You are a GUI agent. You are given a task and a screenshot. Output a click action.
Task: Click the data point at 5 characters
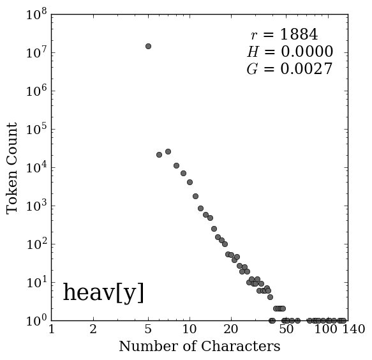point(148,46)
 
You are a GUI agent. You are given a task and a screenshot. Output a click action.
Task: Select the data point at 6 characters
point(159,154)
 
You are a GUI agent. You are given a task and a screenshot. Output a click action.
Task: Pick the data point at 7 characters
point(168,151)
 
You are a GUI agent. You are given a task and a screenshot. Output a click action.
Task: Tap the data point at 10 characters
point(190,183)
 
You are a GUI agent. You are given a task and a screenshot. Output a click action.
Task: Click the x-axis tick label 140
point(353,329)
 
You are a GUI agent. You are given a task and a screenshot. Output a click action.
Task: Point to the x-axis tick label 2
point(93,329)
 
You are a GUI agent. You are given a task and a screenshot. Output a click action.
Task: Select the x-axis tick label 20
point(231,329)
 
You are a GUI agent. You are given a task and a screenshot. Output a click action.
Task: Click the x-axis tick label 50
point(286,329)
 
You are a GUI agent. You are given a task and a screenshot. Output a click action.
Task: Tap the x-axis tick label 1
point(52,329)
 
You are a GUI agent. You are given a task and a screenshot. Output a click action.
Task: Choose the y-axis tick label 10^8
point(36,15)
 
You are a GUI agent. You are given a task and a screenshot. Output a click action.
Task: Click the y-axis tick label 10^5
point(36,130)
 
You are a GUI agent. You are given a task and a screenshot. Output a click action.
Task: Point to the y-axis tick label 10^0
point(36,321)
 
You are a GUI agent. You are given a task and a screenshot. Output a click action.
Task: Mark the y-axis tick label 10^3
point(36,206)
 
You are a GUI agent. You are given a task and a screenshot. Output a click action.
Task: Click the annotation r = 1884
point(284,34)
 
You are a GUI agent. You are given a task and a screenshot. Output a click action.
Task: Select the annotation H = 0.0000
point(290,52)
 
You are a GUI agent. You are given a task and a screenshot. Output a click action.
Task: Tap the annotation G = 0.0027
point(290,69)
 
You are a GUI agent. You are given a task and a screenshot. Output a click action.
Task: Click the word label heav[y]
point(103,292)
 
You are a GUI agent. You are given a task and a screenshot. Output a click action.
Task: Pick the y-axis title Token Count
point(12,169)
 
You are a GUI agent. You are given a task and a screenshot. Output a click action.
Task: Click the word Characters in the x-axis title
point(241,346)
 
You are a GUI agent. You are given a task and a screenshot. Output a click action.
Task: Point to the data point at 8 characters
point(176,166)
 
